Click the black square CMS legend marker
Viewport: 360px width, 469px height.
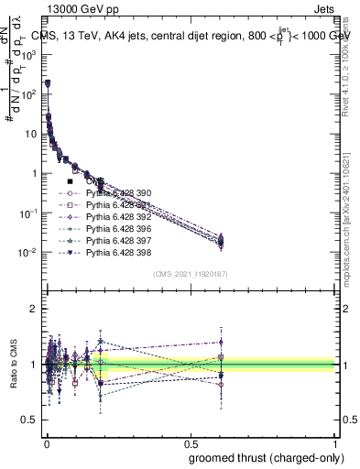(70, 181)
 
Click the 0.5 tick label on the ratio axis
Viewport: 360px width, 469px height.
(29, 420)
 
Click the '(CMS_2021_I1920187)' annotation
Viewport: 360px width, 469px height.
(190, 273)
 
